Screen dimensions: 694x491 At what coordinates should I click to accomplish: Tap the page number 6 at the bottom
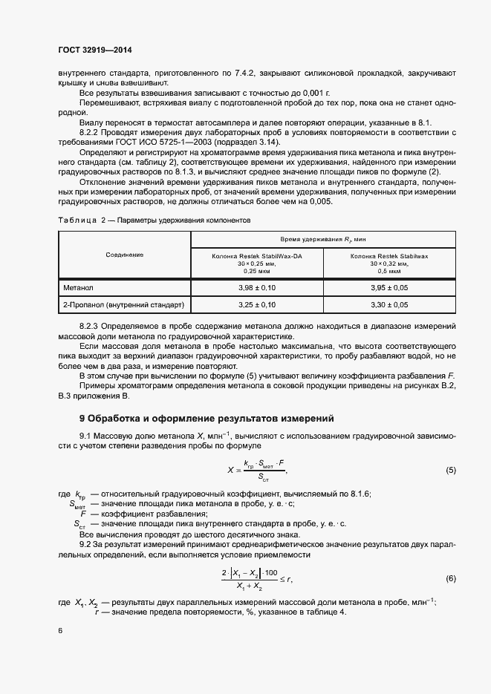59,630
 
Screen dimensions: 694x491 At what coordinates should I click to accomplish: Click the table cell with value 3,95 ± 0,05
389,286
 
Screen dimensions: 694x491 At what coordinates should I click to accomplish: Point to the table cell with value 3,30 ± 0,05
389,304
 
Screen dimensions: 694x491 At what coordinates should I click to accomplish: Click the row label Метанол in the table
78,286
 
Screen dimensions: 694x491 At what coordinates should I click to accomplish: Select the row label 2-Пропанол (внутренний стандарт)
123,304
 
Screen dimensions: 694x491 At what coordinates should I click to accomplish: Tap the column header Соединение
125,255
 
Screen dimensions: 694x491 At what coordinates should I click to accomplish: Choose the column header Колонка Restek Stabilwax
389,255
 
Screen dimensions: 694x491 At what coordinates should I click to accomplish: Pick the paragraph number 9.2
85,545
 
